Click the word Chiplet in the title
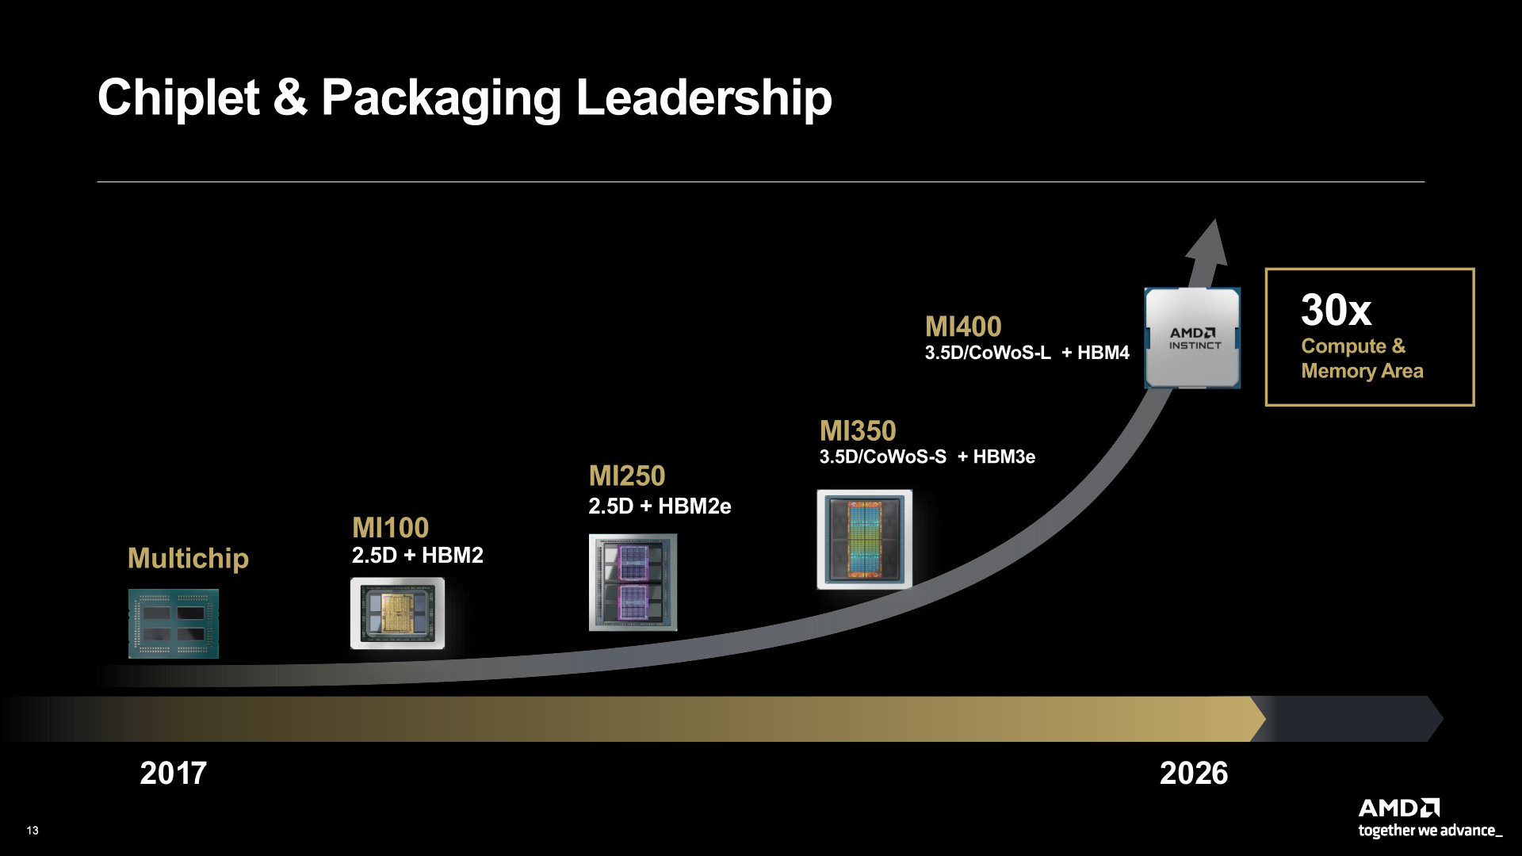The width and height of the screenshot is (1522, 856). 178,97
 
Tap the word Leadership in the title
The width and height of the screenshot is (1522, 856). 703,97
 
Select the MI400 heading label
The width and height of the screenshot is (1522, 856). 963,327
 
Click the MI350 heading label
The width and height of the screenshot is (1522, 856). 858,431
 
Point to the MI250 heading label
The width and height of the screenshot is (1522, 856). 626,476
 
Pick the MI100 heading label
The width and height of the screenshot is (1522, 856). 390,528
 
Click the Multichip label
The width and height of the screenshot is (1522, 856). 188,559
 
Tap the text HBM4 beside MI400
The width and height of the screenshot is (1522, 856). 1103,353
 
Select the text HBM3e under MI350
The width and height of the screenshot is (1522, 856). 1004,457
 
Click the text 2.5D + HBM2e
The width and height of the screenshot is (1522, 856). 660,506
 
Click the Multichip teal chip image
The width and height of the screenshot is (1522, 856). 174,624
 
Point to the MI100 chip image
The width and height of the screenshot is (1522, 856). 397,613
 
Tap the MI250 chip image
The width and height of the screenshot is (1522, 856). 633,583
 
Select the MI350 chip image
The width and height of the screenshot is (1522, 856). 864,539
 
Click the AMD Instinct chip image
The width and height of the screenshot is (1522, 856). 1192,338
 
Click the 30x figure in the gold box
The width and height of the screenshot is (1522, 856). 1336,310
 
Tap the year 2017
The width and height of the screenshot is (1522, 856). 173,774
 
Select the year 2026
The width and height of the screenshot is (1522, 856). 1193,774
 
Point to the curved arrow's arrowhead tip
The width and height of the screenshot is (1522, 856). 1215,223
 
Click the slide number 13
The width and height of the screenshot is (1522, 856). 33,831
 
